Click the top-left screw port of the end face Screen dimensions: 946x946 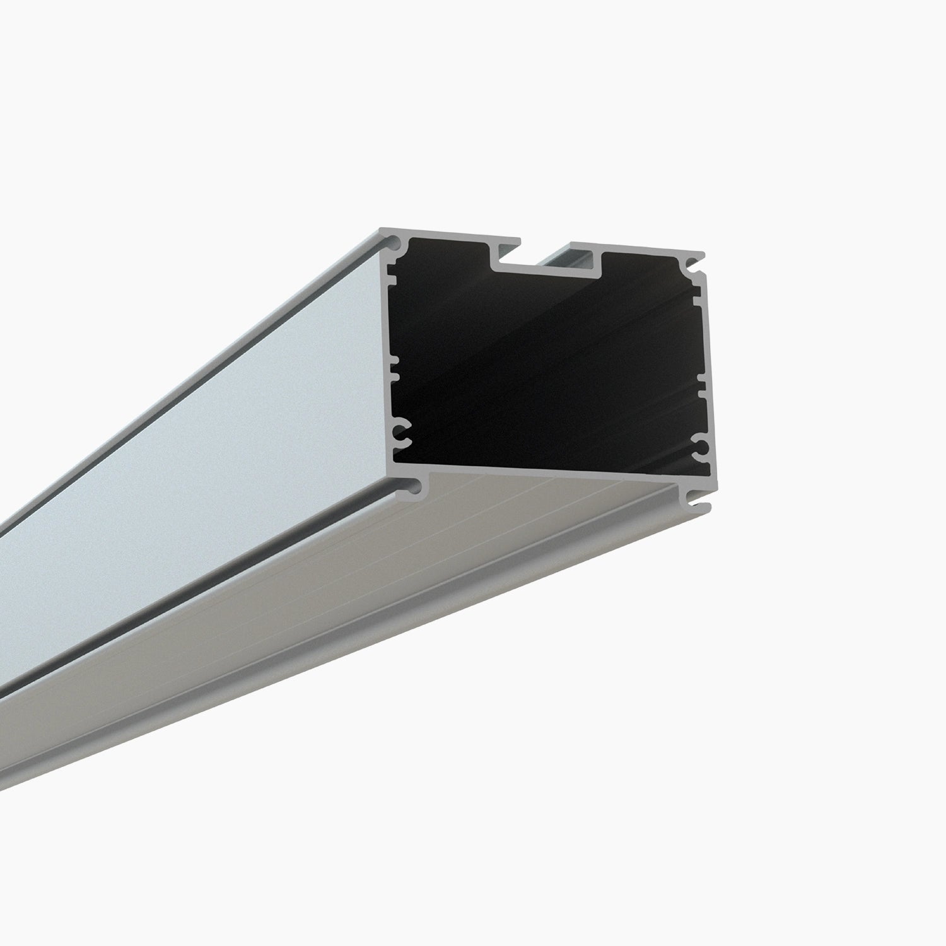(x=395, y=242)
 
